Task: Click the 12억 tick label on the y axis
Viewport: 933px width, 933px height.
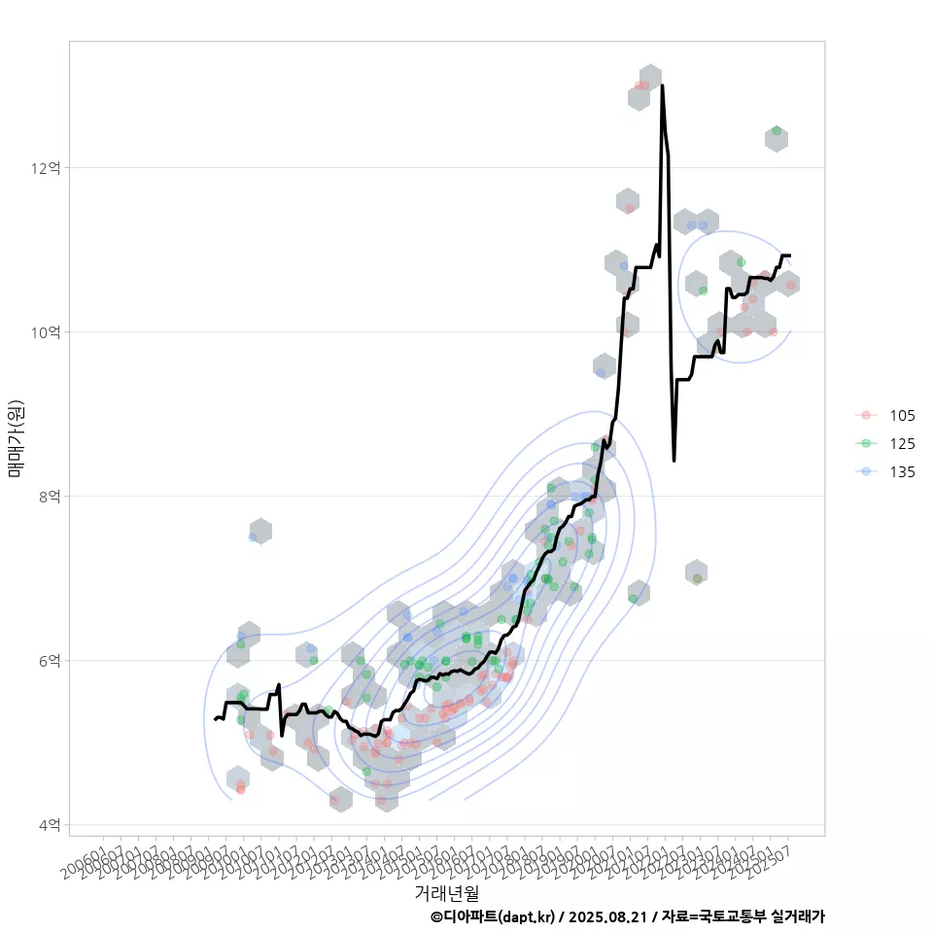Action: [x=46, y=168]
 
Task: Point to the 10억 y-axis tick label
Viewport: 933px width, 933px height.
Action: [x=46, y=332]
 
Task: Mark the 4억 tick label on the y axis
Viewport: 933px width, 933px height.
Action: [x=50, y=825]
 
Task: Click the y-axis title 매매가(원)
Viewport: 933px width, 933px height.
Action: [x=17, y=438]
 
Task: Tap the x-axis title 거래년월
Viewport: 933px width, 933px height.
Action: [x=446, y=892]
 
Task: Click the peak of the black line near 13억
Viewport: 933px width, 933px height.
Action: [x=662, y=86]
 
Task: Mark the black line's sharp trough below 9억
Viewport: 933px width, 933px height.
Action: [x=674, y=460]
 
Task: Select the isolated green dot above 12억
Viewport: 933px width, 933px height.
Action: [x=776, y=130]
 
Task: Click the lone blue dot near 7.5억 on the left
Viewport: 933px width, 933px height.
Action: [x=253, y=536]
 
